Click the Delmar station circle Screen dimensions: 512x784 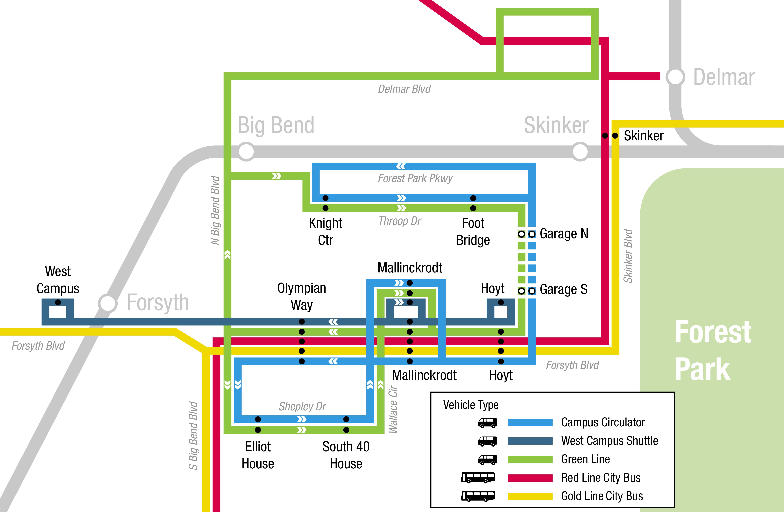675,77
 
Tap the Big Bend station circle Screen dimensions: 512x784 246,152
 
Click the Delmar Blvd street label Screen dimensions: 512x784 404,89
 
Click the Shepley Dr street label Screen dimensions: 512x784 302,406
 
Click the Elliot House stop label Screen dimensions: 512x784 258,455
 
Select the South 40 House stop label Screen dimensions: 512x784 346,455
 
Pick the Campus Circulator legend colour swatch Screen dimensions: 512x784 530,422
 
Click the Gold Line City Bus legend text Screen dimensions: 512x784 602,496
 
